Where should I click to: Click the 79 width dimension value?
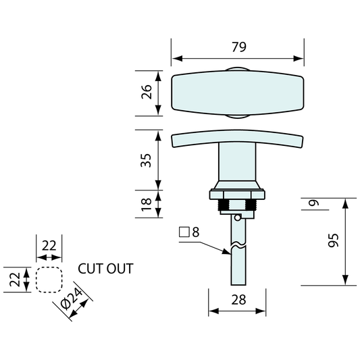point(239,47)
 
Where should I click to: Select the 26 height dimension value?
point(147,92)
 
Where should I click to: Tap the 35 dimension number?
point(147,160)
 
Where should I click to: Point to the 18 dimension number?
point(147,204)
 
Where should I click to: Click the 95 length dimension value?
point(333,240)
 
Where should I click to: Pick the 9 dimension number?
point(314,203)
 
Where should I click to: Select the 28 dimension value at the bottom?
point(239,300)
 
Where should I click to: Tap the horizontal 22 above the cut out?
point(49,246)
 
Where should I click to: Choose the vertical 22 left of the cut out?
point(15,280)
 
